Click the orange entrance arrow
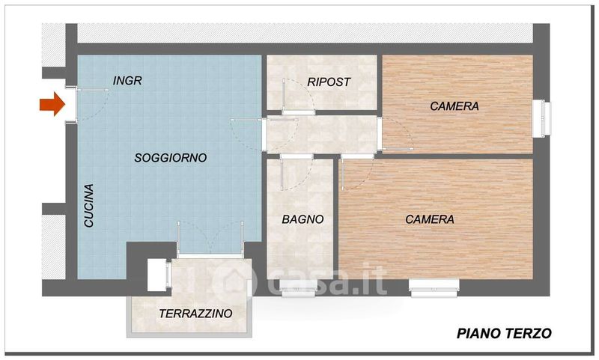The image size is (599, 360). (52, 103)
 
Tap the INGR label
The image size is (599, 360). (127, 81)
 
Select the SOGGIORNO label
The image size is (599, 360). (171, 157)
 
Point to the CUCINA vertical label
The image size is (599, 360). (88, 205)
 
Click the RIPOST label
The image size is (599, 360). (329, 82)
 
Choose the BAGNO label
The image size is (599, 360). (302, 219)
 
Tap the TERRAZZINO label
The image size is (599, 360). (195, 314)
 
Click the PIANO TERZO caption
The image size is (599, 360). (504, 333)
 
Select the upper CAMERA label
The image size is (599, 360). (454, 106)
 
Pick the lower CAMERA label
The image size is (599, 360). (430, 219)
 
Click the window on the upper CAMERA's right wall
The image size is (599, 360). (541, 118)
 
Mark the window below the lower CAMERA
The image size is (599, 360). (434, 287)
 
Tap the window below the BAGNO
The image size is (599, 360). (297, 288)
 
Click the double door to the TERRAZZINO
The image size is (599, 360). (210, 239)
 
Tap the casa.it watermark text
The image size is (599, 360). (326, 281)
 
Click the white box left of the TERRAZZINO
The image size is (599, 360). (156, 275)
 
